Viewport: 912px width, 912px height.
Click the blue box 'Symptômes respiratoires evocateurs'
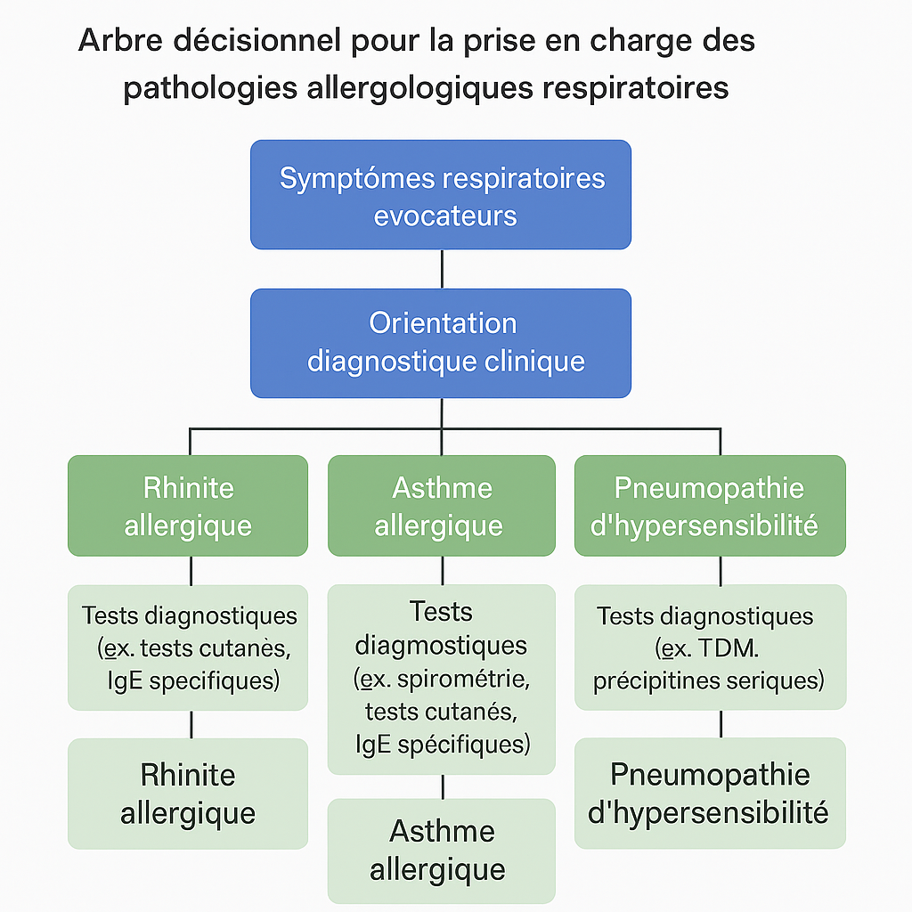[x=441, y=194]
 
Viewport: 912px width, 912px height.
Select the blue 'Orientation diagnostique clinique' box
[x=441, y=343]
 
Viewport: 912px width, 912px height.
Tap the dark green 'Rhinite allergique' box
[x=188, y=506]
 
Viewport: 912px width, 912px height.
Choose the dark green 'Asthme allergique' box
[x=441, y=506]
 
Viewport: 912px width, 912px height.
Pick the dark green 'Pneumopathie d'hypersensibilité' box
[x=710, y=506]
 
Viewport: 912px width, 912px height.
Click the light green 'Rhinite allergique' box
[x=188, y=794]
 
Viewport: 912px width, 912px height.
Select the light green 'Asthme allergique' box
[x=441, y=851]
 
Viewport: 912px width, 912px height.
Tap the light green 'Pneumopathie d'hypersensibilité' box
[x=710, y=794]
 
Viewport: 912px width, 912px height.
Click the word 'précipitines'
[x=647, y=681]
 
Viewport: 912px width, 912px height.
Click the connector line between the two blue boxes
[x=442, y=269]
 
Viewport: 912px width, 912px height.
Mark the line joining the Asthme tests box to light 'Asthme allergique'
[x=442, y=786]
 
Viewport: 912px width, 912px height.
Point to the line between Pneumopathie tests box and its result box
[x=721, y=724]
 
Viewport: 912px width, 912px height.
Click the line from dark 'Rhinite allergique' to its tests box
[x=191, y=571]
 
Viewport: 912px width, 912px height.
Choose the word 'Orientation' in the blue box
[x=443, y=322]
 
